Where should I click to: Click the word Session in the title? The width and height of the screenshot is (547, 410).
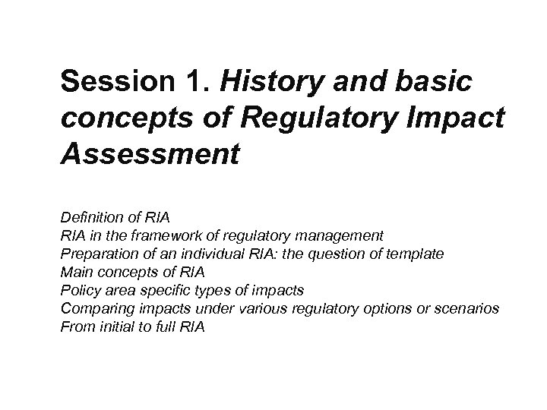coord(112,80)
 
